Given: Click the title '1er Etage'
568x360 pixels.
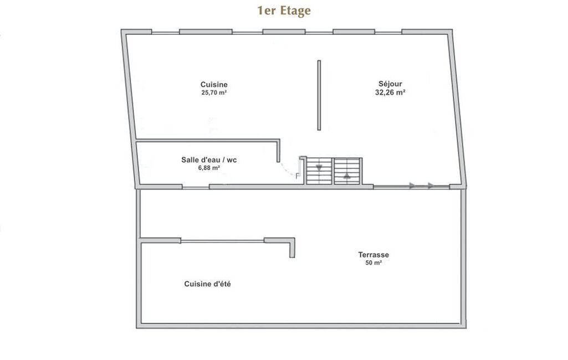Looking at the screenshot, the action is click(x=284, y=11).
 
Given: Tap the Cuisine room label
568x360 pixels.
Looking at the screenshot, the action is click(x=214, y=85).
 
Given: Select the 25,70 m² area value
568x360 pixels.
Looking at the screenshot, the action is click(x=214, y=92).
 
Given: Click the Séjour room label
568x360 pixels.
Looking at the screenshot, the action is click(x=390, y=84).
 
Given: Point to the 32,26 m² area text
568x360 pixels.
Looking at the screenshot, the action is click(x=390, y=92).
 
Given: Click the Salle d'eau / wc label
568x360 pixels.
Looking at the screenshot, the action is click(x=209, y=160).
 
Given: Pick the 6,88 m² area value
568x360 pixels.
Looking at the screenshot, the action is click(x=209, y=168).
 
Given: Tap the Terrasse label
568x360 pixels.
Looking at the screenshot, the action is click(x=373, y=255).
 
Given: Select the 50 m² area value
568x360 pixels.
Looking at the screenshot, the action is click(x=373, y=263).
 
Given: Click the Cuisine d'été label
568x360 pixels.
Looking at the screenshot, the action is click(x=207, y=284).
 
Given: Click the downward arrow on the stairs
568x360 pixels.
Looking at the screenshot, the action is click(x=319, y=167).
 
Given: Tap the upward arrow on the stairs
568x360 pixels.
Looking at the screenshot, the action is click(x=347, y=176).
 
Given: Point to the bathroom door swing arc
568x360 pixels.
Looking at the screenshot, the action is click(x=288, y=170).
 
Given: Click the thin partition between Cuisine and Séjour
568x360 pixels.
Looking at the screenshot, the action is click(x=319, y=95).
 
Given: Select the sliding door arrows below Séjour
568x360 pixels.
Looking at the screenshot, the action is click(x=420, y=186).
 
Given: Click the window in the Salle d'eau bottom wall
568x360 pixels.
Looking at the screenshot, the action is click(x=196, y=187).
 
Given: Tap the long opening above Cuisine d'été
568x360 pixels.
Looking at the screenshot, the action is click(x=222, y=241).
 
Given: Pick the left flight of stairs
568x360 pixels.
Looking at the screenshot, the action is click(x=319, y=171).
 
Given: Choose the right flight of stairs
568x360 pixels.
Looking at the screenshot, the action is click(x=347, y=171).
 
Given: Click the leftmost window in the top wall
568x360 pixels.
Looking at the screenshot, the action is click(x=165, y=33).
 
